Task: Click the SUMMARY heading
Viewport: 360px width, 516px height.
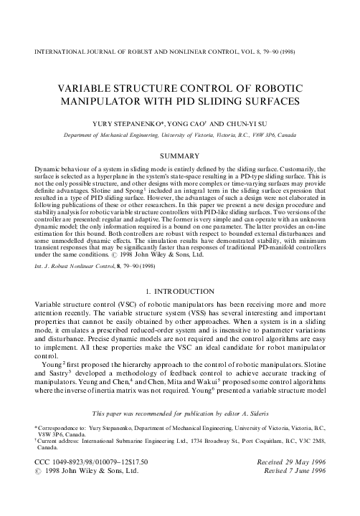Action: tap(179, 154)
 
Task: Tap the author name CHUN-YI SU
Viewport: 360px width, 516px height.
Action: tap(241, 123)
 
